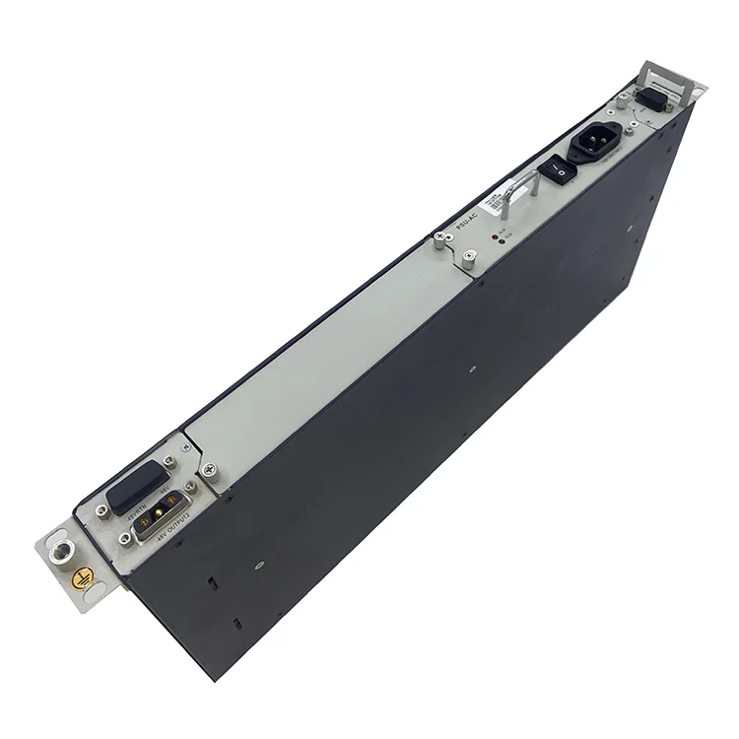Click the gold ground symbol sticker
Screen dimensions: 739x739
click(x=86, y=580)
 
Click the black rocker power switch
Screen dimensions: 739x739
click(x=560, y=170)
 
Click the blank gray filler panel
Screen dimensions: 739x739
click(x=325, y=355)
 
